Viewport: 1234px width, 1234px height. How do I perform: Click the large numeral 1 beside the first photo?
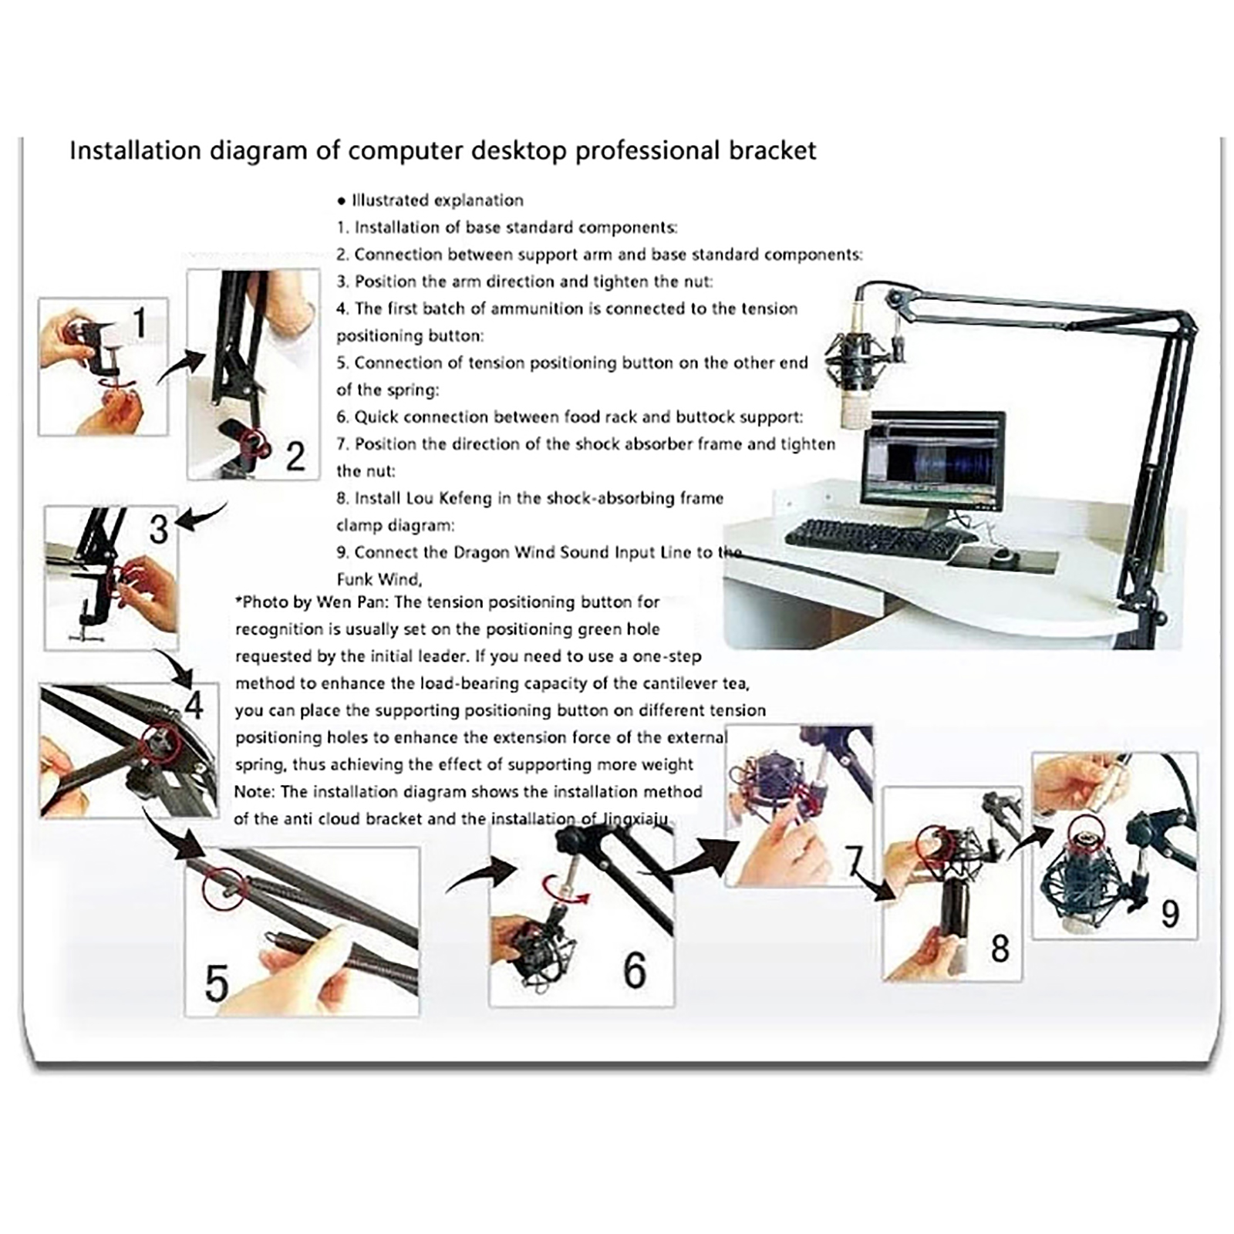point(140,322)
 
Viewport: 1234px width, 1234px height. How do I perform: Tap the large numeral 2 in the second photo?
point(295,457)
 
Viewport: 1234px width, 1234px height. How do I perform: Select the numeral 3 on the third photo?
point(159,529)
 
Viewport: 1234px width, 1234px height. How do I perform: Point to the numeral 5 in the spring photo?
point(217,983)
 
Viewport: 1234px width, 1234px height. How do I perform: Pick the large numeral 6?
point(635,970)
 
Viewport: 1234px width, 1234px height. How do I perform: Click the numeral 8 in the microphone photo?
point(1000,949)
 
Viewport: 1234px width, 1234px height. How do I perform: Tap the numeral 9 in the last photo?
point(1170,914)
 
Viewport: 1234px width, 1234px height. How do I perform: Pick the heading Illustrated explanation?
point(437,201)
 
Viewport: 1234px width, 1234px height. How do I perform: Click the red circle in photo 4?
point(160,742)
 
